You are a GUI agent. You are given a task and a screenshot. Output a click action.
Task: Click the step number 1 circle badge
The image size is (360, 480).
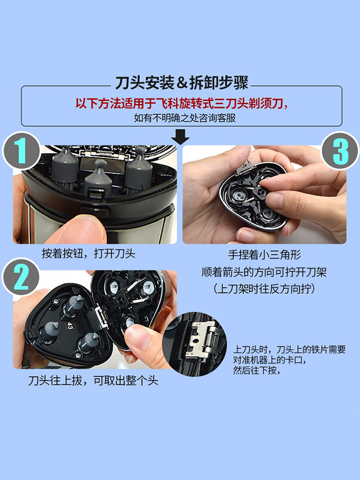(x=22, y=151)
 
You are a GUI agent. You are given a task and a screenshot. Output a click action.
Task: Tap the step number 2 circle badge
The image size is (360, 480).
(x=21, y=277)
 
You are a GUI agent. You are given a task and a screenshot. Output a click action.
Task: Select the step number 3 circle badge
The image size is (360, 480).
(x=339, y=151)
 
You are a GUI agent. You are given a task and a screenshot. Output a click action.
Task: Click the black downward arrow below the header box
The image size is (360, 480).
(x=180, y=137)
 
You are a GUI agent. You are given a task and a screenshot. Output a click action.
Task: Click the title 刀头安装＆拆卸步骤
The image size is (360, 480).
(x=181, y=83)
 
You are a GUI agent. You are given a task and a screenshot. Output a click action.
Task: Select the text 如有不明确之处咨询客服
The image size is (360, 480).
(x=185, y=118)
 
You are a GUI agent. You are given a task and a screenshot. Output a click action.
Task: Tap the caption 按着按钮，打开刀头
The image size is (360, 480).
(x=88, y=253)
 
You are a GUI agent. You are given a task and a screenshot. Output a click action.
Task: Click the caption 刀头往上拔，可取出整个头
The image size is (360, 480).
(x=93, y=381)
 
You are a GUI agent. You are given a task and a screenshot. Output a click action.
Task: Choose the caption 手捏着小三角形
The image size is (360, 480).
(x=264, y=255)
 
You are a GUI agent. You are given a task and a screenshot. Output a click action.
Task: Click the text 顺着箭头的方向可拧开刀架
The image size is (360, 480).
(x=264, y=272)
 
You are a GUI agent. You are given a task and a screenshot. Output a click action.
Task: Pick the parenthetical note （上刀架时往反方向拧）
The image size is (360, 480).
(x=264, y=288)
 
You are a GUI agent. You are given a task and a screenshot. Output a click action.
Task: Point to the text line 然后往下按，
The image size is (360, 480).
(x=257, y=371)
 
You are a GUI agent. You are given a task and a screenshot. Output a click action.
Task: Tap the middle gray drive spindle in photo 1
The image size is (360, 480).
(x=98, y=178)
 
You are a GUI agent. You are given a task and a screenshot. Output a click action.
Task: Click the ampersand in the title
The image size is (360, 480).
(x=181, y=83)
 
